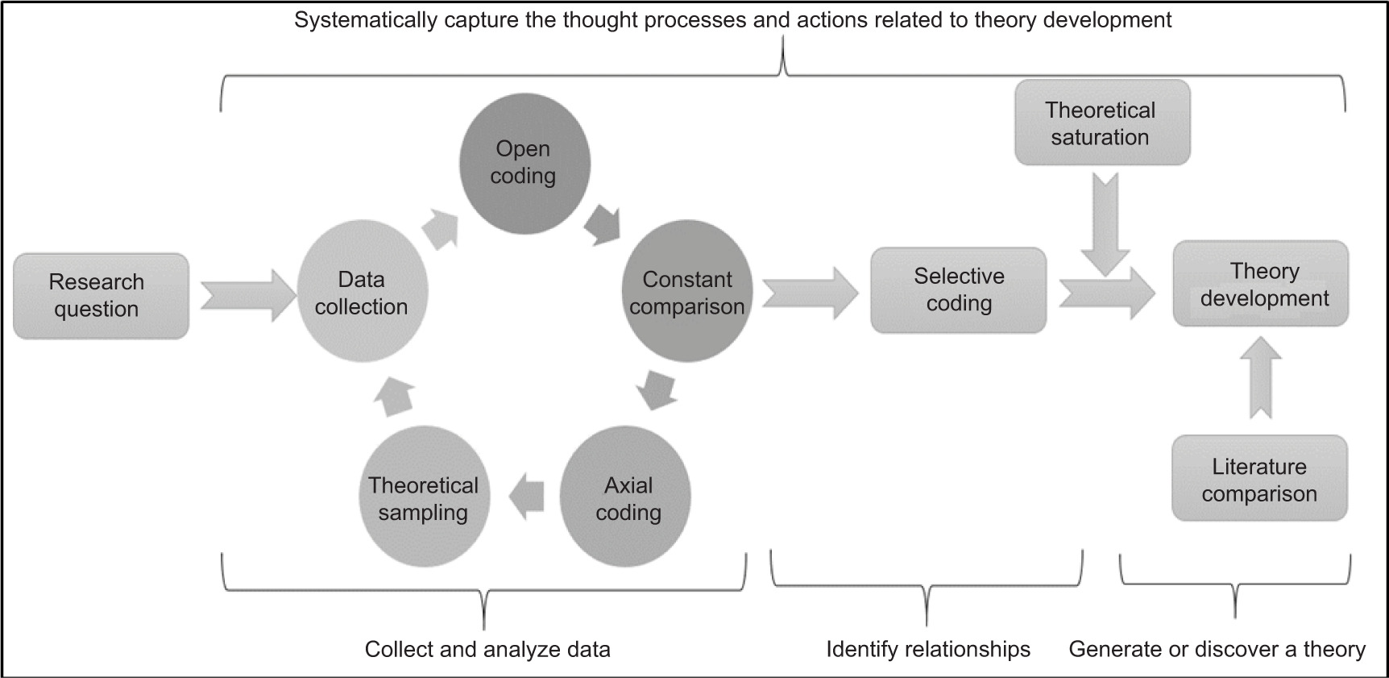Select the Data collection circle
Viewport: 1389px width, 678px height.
(362, 292)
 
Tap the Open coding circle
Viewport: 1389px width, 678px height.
(525, 163)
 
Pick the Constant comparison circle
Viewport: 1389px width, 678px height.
(686, 292)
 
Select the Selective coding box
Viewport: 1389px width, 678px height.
(958, 290)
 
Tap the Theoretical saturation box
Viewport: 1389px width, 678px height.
(1101, 123)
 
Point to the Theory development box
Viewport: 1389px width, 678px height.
(1260, 284)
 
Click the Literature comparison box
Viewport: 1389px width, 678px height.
(1259, 479)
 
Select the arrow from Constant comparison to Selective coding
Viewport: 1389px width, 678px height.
(809, 293)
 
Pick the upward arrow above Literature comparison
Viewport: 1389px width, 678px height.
(1261, 378)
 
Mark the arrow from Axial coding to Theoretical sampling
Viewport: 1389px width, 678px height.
(526, 496)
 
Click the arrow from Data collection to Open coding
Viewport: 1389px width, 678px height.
(441, 228)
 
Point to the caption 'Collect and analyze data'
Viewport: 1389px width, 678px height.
(487, 649)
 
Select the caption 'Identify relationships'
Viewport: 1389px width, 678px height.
(928, 649)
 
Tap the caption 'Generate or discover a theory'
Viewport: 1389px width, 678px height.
(1217, 649)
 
